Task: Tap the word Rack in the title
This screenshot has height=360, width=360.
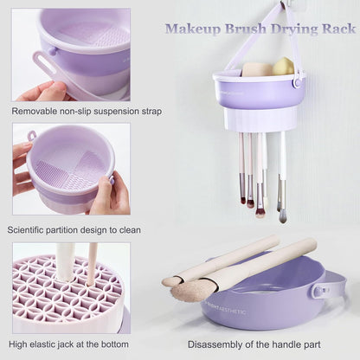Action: pyautogui.click(x=337, y=29)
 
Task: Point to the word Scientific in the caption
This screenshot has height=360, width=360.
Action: pyautogui.click(x=32, y=229)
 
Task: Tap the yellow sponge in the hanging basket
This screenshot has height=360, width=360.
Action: pyautogui.click(x=283, y=67)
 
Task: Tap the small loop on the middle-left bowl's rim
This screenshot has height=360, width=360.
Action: pyautogui.click(x=32, y=136)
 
